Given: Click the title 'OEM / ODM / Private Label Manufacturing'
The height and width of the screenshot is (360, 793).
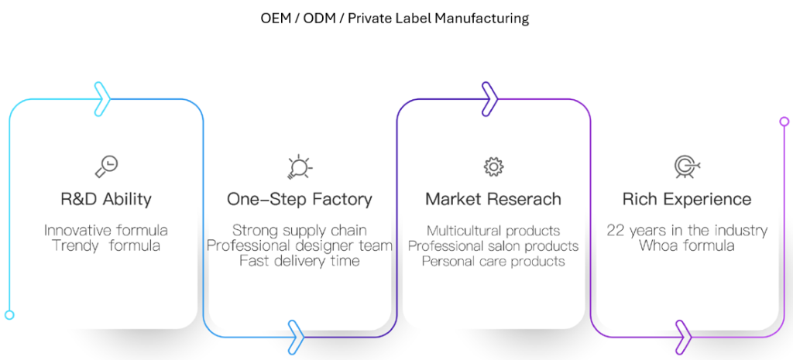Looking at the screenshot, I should click(x=395, y=18).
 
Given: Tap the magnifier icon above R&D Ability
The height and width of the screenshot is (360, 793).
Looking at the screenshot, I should click(x=106, y=166).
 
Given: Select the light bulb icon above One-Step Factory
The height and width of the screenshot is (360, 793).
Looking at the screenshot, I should click(x=299, y=166).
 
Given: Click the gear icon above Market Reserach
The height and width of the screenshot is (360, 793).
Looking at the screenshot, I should click(x=493, y=166).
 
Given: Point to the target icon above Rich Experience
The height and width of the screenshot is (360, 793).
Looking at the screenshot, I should click(x=686, y=166).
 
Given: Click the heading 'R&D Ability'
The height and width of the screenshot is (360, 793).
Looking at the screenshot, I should click(x=106, y=199).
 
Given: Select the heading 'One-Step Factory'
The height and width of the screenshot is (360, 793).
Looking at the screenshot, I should click(x=299, y=199).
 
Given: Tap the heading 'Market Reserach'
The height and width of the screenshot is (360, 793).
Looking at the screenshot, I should click(x=493, y=199).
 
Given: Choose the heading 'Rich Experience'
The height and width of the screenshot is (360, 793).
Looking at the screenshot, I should click(x=686, y=199).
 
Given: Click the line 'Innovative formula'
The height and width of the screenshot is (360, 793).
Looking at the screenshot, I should click(x=106, y=231).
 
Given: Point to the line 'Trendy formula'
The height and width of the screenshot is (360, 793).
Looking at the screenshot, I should click(x=106, y=246).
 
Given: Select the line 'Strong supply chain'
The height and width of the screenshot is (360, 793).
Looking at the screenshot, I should click(x=299, y=231).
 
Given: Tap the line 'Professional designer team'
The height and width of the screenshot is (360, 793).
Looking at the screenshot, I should click(x=299, y=246).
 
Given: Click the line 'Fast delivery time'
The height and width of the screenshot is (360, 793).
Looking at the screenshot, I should click(x=299, y=262).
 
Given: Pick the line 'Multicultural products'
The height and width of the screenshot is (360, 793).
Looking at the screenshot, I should click(x=493, y=231).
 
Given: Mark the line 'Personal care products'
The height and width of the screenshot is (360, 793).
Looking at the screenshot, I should click(x=493, y=262).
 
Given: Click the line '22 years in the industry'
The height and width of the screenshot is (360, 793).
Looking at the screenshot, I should click(x=686, y=231).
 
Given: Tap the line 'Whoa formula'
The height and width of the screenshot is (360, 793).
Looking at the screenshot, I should click(x=686, y=246).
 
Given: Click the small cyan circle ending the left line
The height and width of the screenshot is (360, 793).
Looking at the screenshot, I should click(x=9, y=315).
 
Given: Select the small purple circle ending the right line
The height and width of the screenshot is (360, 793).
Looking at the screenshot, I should click(x=784, y=122).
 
